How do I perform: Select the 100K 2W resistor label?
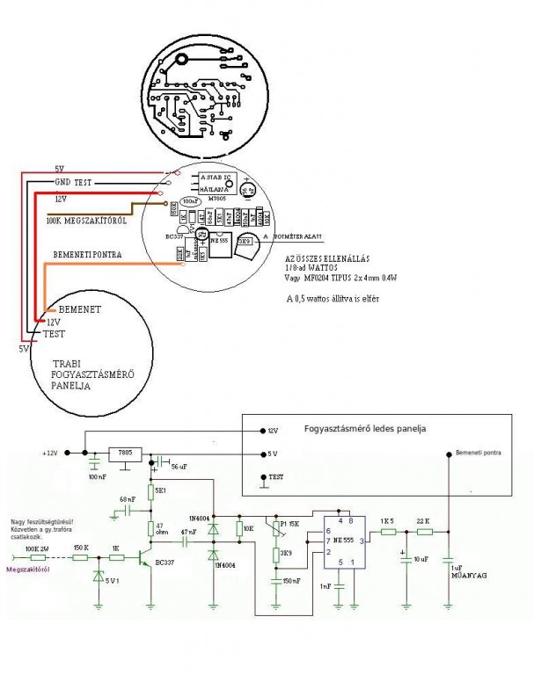(37, 548)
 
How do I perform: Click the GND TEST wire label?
(74, 181)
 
